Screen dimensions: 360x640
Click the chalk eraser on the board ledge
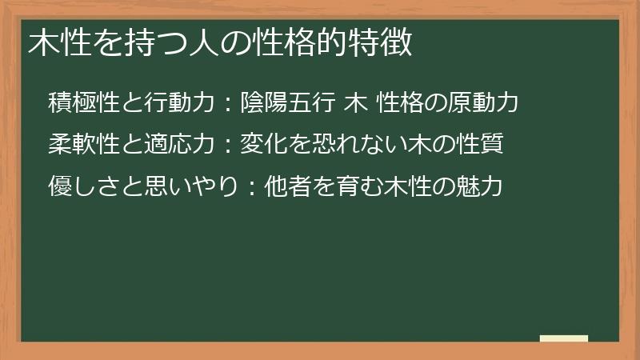564,338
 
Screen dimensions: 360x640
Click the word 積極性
83,103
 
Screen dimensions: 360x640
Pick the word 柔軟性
83,146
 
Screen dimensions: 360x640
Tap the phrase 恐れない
346,146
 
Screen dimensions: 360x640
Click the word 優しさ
83,188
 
